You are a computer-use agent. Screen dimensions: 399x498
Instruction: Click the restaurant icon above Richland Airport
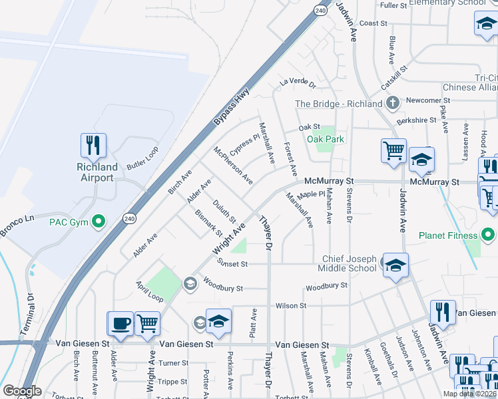[94, 146]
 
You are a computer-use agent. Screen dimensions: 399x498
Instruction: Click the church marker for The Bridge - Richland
[393, 103]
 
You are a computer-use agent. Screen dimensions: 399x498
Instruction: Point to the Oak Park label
[326, 139]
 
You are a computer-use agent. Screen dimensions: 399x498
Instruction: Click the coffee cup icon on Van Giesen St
[121, 323]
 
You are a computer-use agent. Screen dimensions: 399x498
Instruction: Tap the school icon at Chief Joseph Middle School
[395, 265]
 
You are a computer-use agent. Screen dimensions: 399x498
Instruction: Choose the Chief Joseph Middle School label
[350, 263]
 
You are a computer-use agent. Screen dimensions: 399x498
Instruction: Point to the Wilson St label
[290, 306]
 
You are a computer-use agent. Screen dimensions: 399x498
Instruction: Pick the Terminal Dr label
[30, 313]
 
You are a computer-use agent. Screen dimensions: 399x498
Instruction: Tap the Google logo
[21, 391]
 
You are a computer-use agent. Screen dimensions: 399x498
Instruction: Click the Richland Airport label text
[97, 172]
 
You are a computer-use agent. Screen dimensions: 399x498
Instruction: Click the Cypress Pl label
[244, 142]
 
